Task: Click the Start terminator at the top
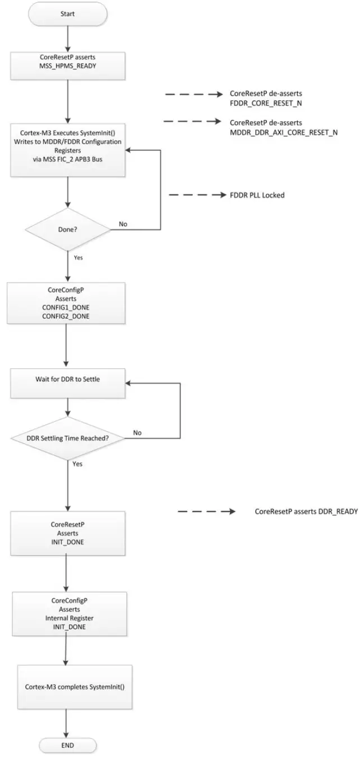(x=67, y=13)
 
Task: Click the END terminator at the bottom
(x=67, y=745)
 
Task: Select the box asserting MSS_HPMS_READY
(x=67, y=64)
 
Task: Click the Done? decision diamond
(x=67, y=229)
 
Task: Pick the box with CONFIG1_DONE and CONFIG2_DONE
(x=67, y=303)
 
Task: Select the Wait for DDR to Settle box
(x=67, y=379)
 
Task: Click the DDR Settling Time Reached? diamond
(x=67, y=437)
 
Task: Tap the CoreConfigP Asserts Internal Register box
(x=67, y=615)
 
